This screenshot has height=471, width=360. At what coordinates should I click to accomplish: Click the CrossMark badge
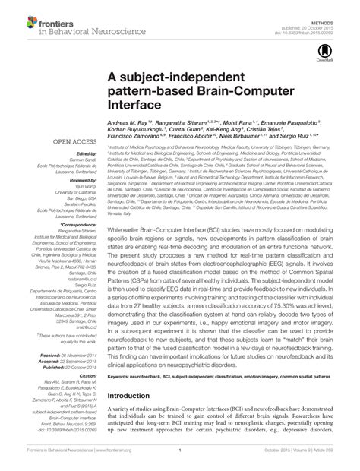coord(339,49)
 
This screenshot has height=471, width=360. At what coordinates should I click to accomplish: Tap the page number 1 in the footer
coord(181,461)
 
